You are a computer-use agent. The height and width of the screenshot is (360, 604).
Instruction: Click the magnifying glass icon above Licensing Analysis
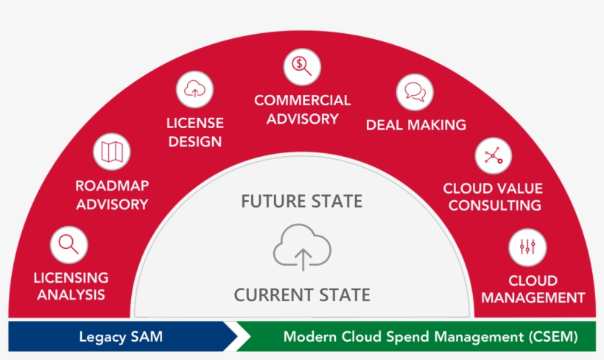[x=69, y=245]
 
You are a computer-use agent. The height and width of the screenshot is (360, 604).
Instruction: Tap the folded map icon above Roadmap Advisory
[x=112, y=152]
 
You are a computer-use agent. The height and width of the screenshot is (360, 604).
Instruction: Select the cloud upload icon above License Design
[x=195, y=89]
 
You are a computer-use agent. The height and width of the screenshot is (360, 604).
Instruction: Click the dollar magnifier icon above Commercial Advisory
[x=302, y=66]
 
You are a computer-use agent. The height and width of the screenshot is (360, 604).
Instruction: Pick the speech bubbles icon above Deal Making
[x=415, y=92]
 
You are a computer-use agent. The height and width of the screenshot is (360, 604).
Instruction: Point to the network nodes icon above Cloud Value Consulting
[x=494, y=155]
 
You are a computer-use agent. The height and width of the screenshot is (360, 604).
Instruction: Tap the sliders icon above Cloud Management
[x=527, y=247]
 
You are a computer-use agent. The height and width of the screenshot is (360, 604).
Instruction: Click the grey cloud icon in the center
[x=303, y=247]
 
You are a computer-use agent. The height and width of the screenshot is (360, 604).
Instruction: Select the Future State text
[x=301, y=202]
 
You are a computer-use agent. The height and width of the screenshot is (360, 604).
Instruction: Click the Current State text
[x=302, y=295]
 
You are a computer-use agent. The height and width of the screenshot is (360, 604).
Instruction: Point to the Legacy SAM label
[x=121, y=337]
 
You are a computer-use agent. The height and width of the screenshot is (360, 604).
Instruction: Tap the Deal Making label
[x=416, y=124]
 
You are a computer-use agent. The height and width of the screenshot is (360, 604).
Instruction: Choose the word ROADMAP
[x=112, y=186]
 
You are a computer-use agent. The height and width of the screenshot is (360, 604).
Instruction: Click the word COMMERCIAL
[x=303, y=100]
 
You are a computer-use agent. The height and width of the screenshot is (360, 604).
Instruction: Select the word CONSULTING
[x=494, y=205]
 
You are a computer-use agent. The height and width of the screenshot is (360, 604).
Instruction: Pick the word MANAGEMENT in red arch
[x=533, y=297]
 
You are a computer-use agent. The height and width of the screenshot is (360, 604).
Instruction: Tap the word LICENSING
[x=71, y=278]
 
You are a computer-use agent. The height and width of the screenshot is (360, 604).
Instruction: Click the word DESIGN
[x=195, y=141]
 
